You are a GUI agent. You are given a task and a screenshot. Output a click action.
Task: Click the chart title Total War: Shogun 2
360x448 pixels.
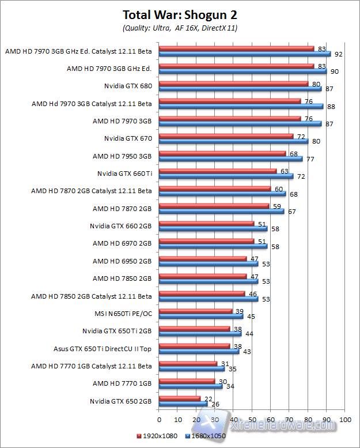[180, 15]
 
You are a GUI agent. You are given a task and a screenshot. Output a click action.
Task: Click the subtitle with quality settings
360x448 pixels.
[180, 28]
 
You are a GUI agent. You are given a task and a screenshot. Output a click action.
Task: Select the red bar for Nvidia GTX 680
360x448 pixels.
[233, 84]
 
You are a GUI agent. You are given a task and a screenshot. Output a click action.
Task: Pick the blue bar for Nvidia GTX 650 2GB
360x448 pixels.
[183, 404]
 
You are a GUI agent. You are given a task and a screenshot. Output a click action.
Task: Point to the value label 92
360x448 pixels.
[338, 54]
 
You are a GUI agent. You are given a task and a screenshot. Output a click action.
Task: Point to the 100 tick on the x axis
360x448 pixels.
[344, 420]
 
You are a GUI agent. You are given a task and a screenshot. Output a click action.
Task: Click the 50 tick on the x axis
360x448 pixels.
[252, 420]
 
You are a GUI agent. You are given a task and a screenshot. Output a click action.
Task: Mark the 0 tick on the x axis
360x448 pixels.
[159, 420]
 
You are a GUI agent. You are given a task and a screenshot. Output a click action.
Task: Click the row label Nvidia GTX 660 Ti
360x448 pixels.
[124, 173]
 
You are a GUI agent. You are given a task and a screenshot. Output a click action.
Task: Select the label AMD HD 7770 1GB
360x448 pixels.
[122, 383]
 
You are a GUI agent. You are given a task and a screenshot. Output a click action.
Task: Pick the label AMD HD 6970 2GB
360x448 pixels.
[122, 243]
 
